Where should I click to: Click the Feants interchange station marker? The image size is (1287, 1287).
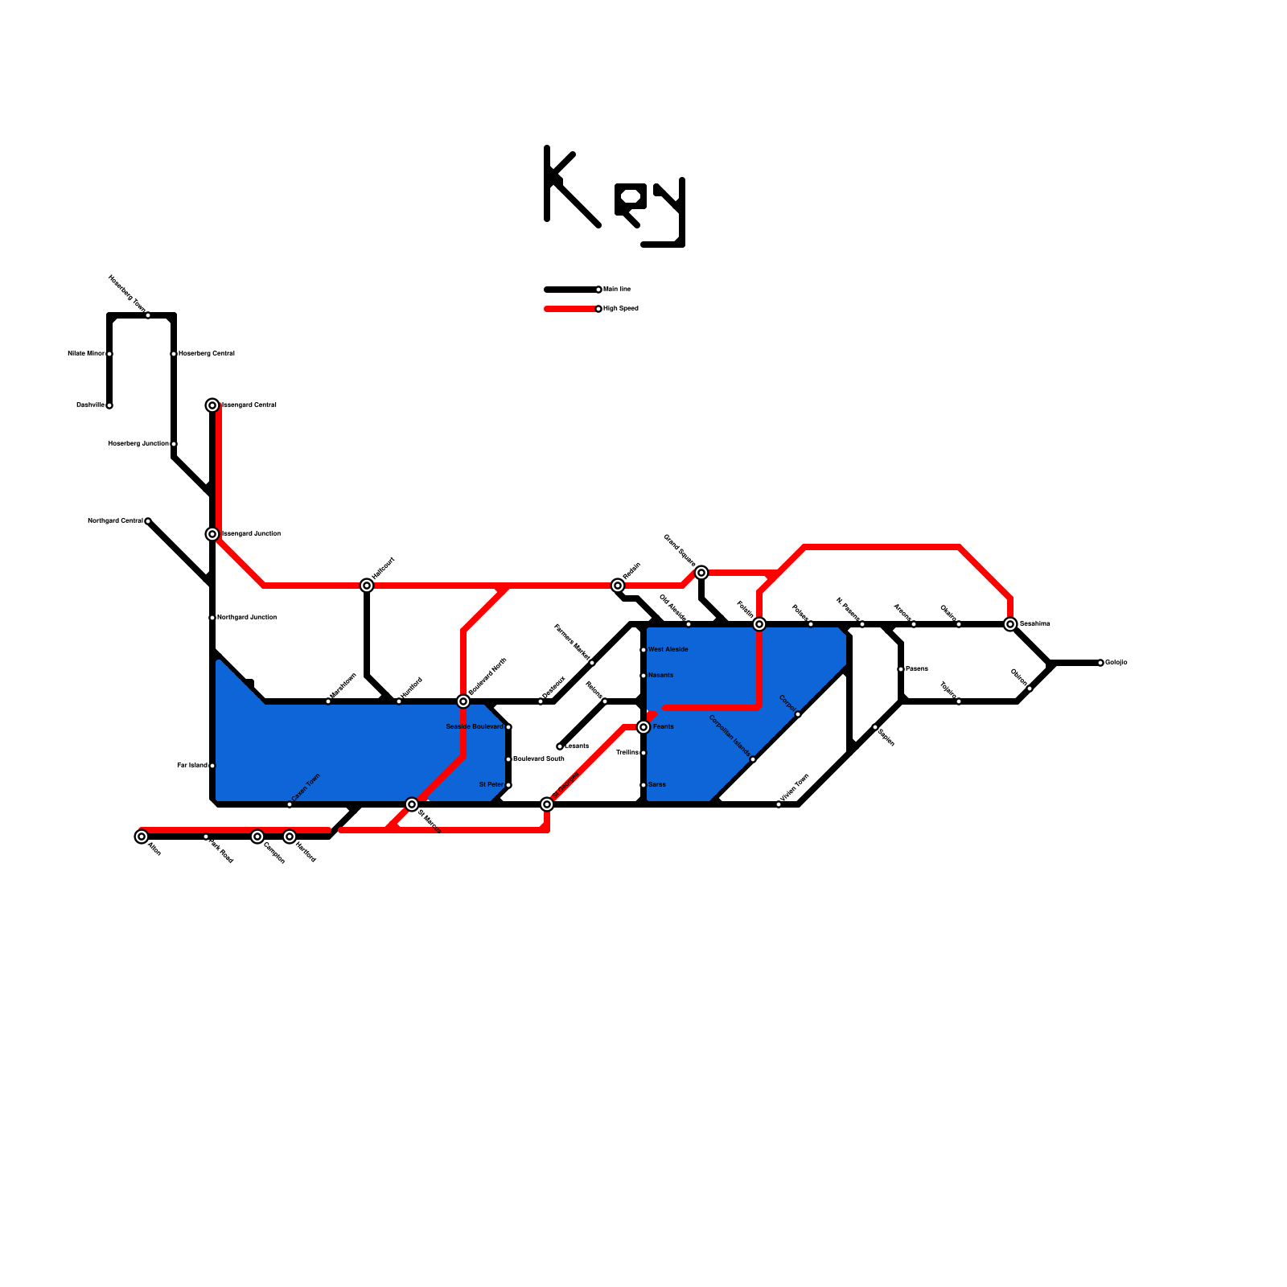tap(643, 727)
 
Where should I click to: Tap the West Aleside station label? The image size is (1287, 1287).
tap(668, 649)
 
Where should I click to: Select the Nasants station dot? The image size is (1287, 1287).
tap(643, 676)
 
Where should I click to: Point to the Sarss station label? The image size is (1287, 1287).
tap(656, 784)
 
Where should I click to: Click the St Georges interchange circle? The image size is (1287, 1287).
tap(547, 804)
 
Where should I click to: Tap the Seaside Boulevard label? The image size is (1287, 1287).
tap(475, 726)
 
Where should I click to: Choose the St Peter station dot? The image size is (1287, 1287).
tap(508, 785)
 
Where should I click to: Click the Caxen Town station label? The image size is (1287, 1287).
tap(306, 788)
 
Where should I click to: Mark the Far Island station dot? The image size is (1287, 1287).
tap(212, 766)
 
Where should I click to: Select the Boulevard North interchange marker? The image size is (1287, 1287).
tap(463, 701)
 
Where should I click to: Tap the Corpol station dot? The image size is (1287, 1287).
tap(798, 714)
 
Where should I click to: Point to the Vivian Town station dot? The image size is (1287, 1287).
tap(779, 804)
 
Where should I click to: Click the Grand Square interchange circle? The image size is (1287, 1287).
tap(701, 573)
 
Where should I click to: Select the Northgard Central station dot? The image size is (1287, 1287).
tap(148, 521)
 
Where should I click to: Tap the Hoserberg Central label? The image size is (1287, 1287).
tap(207, 353)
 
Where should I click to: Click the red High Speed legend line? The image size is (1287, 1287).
tap(569, 309)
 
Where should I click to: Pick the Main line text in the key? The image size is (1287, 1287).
tap(617, 289)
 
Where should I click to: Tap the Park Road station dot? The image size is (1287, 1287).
tap(206, 837)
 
